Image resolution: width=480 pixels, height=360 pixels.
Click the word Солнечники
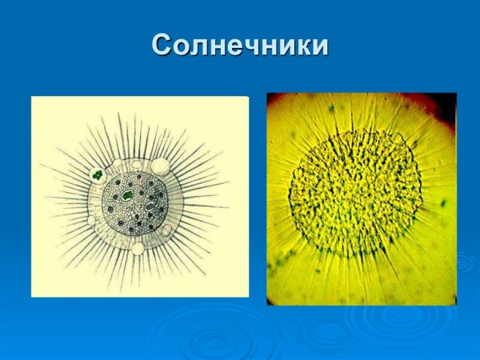[x=240, y=46]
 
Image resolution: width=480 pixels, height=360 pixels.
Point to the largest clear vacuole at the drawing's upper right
[x=162, y=166]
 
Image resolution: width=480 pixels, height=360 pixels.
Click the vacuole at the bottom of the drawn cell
[x=138, y=248]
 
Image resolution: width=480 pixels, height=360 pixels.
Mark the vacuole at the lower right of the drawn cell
[x=170, y=227]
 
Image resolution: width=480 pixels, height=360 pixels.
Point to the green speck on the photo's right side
[x=442, y=203]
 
